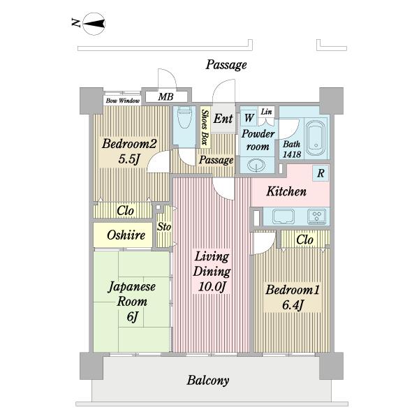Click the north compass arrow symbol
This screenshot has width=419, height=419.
(x=94, y=24)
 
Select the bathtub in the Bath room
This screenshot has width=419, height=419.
(x=316, y=138)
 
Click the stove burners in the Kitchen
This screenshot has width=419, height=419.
(x=317, y=216)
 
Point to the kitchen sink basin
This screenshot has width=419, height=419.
(x=284, y=216)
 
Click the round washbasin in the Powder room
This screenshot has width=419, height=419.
(x=256, y=165)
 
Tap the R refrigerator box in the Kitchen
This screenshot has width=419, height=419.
(x=321, y=173)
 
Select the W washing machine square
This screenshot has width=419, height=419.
(x=249, y=117)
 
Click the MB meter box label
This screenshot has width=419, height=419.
(x=166, y=97)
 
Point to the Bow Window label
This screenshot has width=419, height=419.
(x=123, y=101)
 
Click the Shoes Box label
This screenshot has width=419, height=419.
(x=205, y=127)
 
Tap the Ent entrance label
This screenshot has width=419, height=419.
(x=223, y=119)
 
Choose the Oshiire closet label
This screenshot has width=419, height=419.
(x=126, y=235)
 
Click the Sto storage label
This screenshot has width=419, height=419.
(x=164, y=226)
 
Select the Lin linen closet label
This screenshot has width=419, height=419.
(x=267, y=112)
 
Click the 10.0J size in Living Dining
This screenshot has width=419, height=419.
(x=212, y=287)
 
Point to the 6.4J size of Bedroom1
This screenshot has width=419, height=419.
(x=293, y=305)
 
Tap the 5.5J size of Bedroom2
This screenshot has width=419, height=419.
(x=129, y=159)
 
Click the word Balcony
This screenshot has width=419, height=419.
(x=208, y=381)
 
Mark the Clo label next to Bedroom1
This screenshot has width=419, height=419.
(x=304, y=240)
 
